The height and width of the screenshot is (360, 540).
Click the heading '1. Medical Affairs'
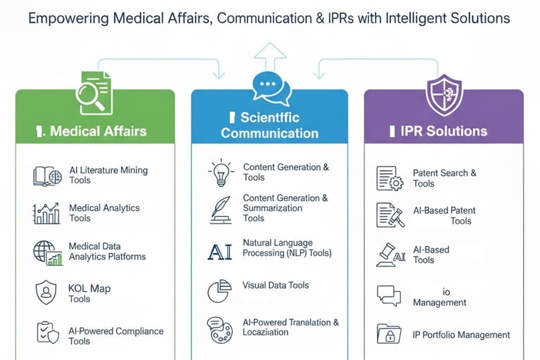tap(96, 130)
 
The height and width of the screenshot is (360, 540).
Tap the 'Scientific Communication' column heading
tap(269, 125)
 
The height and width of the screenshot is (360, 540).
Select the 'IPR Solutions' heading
tap(443, 131)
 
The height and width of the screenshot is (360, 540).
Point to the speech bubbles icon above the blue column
tap(271, 89)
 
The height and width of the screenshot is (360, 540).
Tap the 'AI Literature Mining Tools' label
tap(108, 175)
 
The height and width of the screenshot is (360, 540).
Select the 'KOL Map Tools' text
tap(89, 293)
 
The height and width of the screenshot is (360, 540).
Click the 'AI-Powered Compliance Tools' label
tap(116, 336)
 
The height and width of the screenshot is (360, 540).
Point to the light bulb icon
tap(220, 172)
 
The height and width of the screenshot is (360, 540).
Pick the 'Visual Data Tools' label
tap(276, 285)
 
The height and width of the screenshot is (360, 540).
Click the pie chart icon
tap(220, 290)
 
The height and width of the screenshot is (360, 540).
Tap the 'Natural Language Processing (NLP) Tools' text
tap(287, 247)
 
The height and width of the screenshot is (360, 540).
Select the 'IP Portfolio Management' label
tap(461, 335)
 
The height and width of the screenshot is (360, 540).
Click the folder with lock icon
tap(388, 333)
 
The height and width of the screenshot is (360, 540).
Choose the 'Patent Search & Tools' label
tap(444, 178)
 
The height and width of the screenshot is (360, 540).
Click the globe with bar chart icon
tap(47, 252)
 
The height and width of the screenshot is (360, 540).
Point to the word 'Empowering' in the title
tap(71, 19)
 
